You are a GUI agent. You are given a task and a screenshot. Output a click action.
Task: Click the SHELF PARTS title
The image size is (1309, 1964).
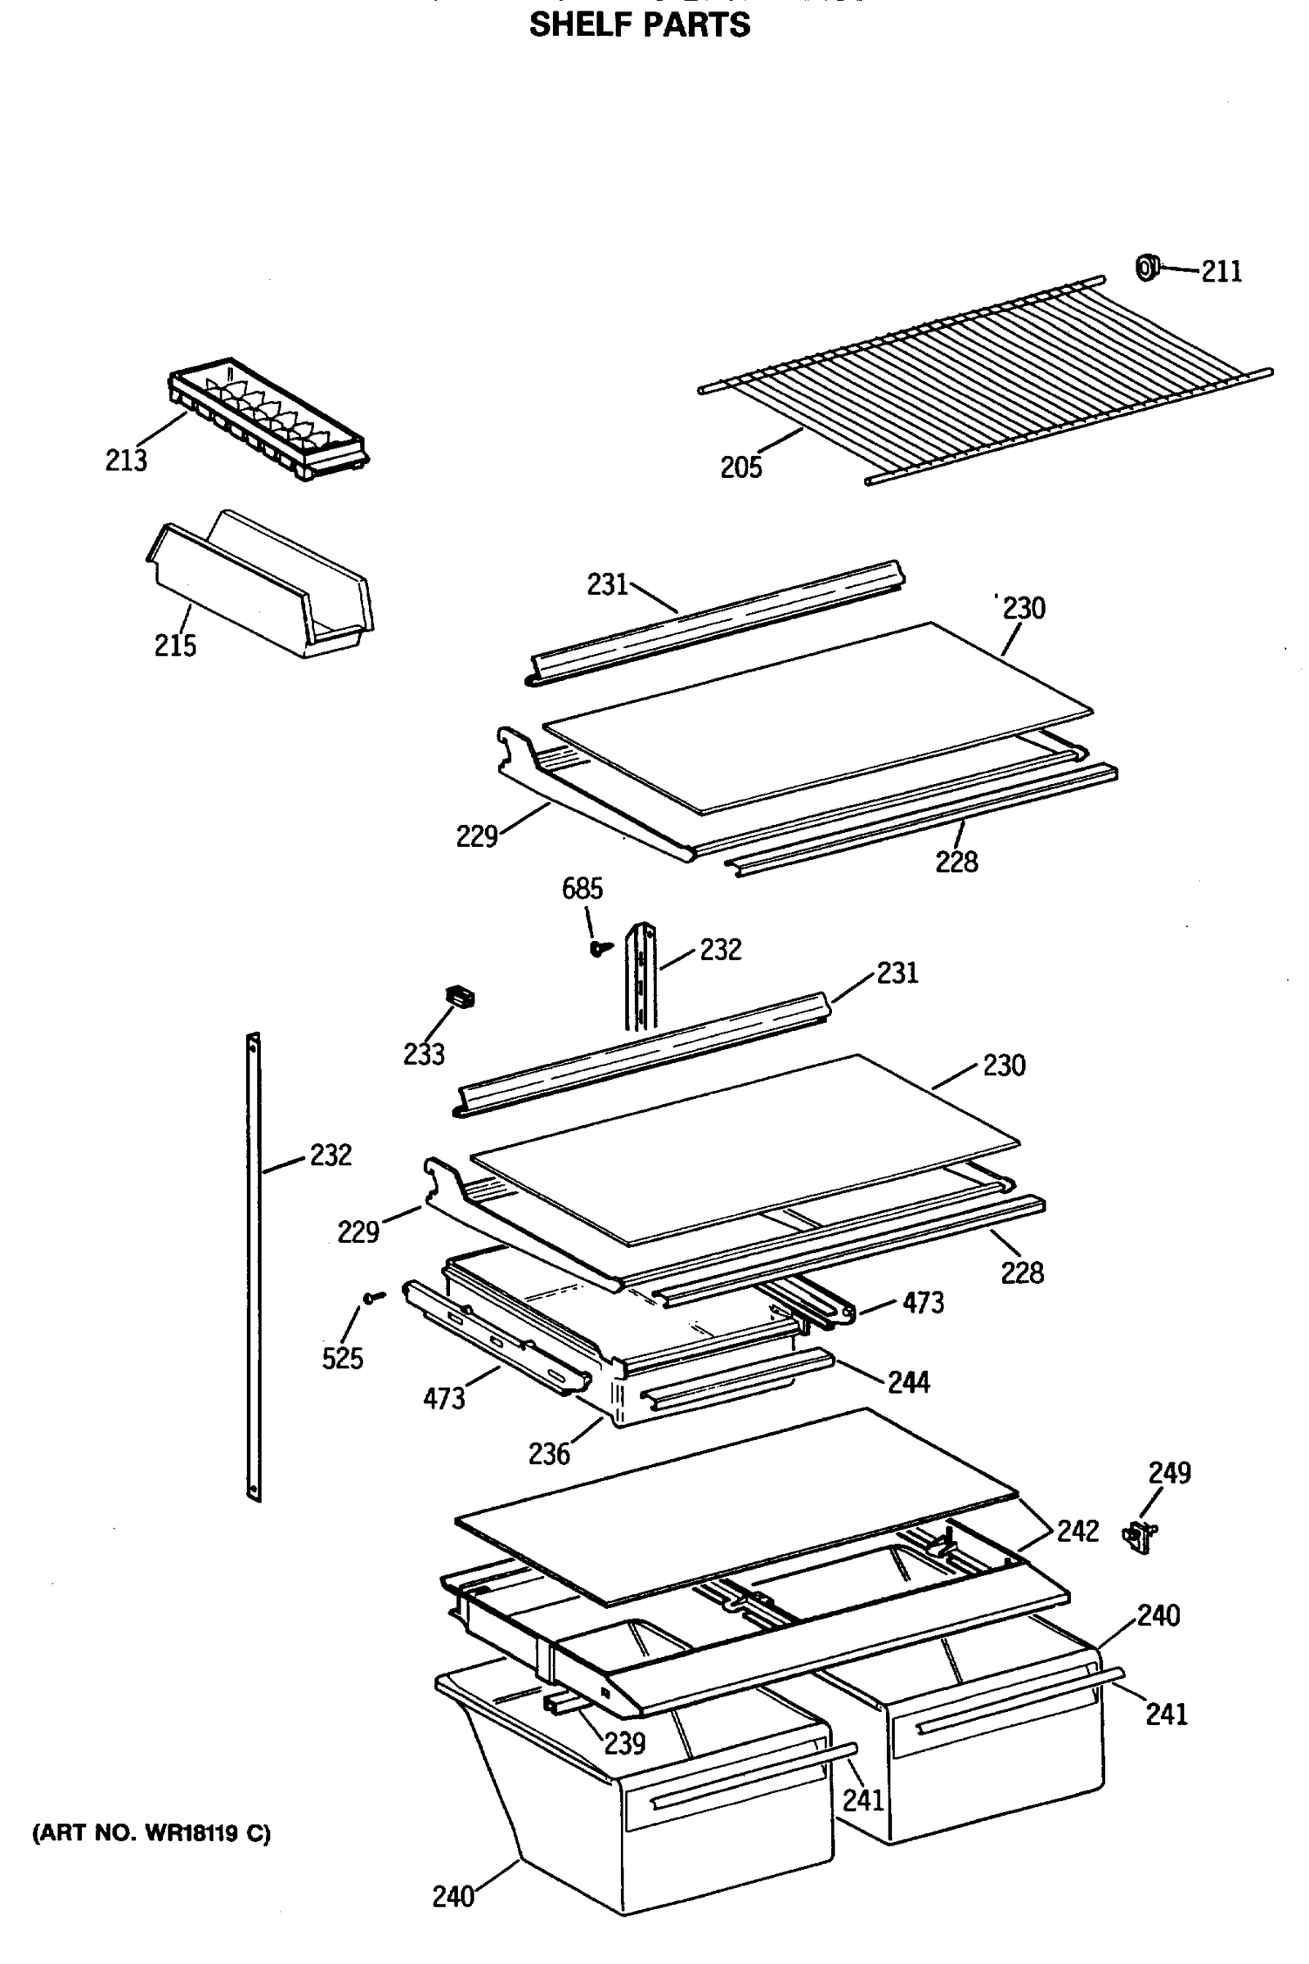click(x=640, y=25)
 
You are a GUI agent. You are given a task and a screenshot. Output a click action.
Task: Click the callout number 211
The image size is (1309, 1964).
click(x=1221, y=272)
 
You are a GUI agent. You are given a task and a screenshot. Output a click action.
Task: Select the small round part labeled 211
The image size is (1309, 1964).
click(x=1147, y=268)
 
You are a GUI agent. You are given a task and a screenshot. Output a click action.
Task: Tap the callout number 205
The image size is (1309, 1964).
click(x=741, y=467)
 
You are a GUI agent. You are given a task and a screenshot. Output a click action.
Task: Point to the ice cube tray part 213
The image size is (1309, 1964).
click(x=268, y=421)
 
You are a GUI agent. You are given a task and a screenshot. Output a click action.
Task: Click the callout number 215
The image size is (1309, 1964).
click(x=175, y=646)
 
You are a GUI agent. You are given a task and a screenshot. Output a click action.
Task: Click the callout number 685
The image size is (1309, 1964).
click(x=582, y=889)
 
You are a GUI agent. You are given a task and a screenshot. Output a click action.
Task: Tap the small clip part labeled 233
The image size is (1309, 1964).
click(x=459, y=996)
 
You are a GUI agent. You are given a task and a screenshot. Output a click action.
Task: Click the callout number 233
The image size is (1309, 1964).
click(x=424, y=1055)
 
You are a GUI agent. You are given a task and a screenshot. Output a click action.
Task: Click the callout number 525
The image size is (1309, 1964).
click(x=342, y=1358)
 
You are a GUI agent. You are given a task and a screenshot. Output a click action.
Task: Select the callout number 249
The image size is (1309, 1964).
click(x=1170, y=1472)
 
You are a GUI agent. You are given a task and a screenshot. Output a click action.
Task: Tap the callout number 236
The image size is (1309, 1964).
click(x=548, y=1454)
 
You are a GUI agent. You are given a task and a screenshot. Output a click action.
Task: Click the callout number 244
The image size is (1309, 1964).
click(x=908, y=1383)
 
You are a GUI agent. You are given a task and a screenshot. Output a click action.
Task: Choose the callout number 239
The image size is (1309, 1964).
click(x=624, y=1743)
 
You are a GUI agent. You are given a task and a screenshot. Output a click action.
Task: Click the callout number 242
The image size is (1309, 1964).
click(x=1077, y=1530)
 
